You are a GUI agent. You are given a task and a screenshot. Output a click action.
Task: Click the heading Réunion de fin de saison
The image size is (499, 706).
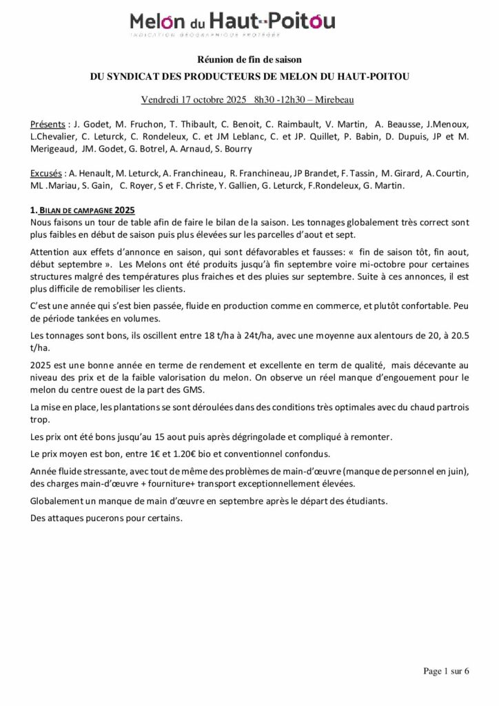click(250, 61)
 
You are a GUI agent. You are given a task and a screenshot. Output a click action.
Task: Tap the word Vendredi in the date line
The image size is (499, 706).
click(160, 100)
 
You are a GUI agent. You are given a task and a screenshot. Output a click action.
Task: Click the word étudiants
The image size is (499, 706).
click(366, 501)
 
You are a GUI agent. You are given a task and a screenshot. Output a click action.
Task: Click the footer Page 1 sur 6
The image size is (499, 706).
click(446, 671)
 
